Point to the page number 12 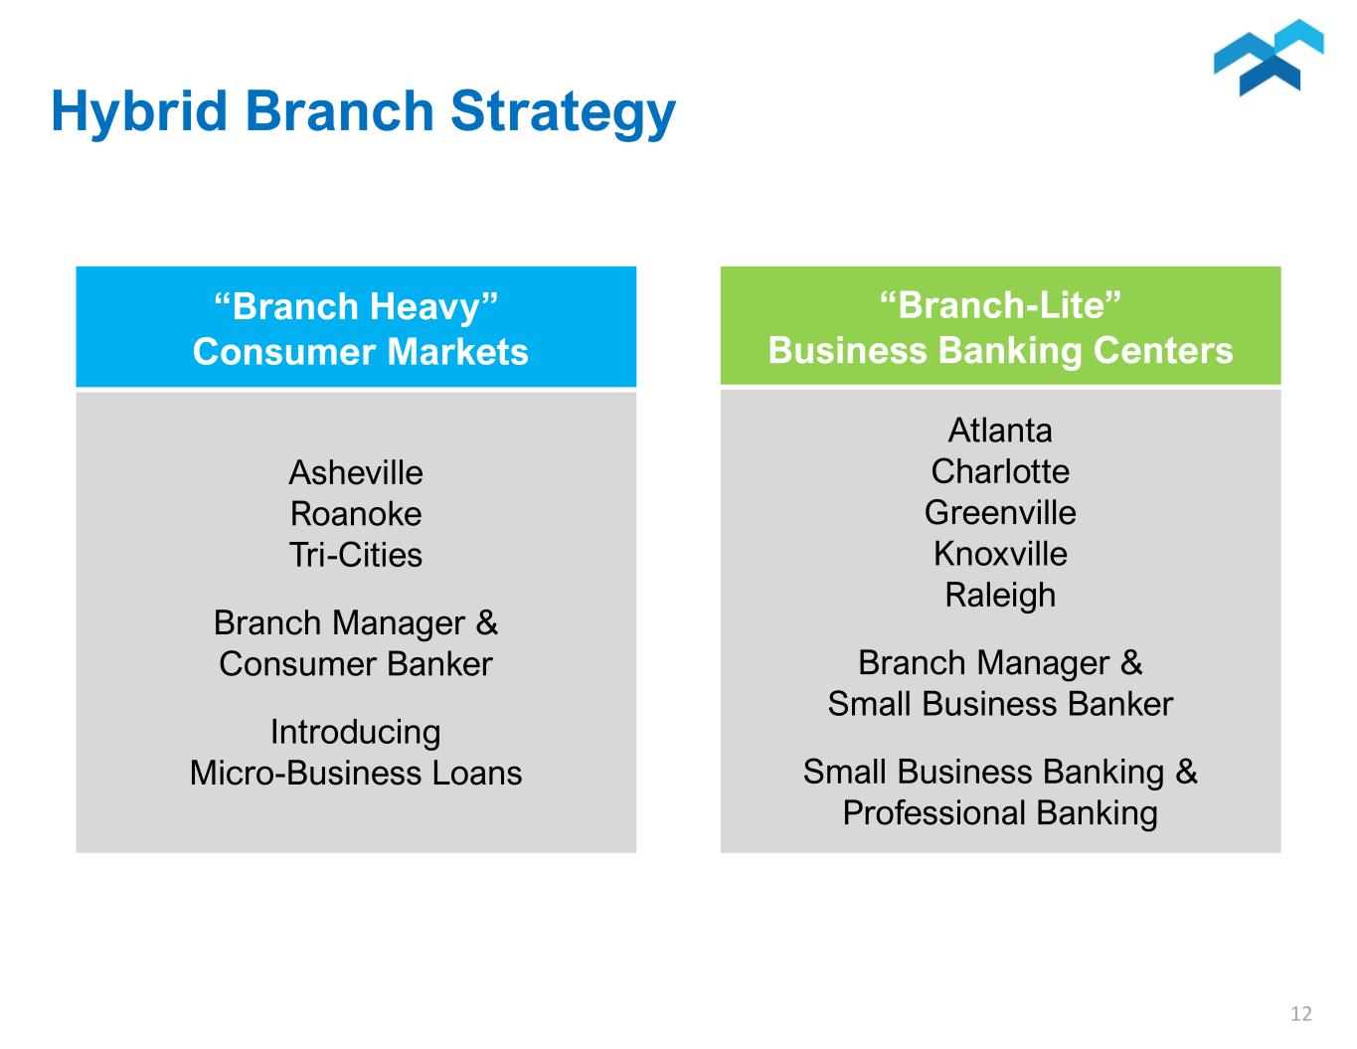coord(1300,1014)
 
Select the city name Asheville coord(356,472)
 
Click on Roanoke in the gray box coord(356,514)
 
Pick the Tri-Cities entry coord(356,555)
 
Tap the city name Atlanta coord(1000,431)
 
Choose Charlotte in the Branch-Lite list coord(1000,471)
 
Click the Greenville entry coord(1000,513)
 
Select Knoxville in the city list coord(1000,554)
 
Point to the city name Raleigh coord(1000,596)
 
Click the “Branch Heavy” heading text coord(356,306)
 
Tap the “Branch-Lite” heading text coord(1000,304)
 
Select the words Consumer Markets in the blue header coord(360,352)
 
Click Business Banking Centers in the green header coord(1000,351)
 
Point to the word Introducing coord(356,733)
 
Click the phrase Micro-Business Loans coord(356,774)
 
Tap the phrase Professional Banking coord(1000,813)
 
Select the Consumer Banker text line coord(356,664)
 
